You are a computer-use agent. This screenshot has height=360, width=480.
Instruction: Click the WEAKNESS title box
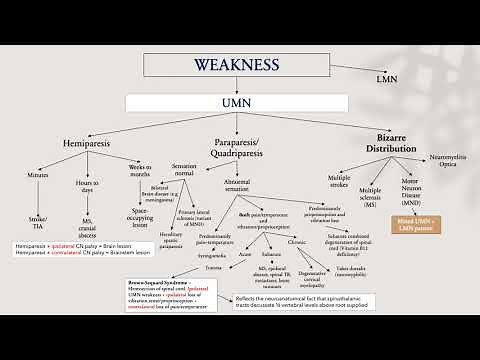[x=237, y=65]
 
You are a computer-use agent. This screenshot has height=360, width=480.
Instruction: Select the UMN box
[x=237, y=103]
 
